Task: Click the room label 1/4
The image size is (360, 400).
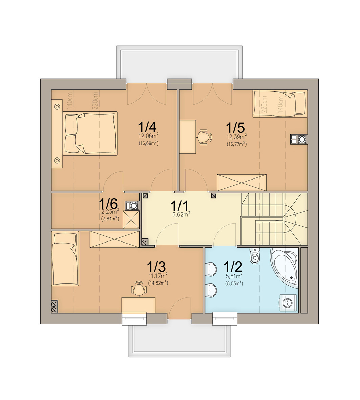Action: click(147, 127)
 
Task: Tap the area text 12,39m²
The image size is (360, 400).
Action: click(236, 136)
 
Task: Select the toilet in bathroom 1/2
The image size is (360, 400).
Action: click(254, 255)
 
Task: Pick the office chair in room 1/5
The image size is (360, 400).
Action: click(204, 137)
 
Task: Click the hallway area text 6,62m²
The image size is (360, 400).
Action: click(181, 214)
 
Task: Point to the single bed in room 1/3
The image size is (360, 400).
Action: click(65, 259)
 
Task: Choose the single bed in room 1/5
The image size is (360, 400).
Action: click(280, 104)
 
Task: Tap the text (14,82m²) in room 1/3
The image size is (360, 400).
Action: click(158, 283)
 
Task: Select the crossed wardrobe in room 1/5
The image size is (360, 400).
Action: click(241, 183)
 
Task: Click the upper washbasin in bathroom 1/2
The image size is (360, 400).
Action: click(211, 269)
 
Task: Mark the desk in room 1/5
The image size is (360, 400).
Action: click(188, 137)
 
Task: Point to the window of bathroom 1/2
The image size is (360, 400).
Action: click(225, 319)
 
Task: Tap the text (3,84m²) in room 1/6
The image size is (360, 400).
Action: click(110, 218)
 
